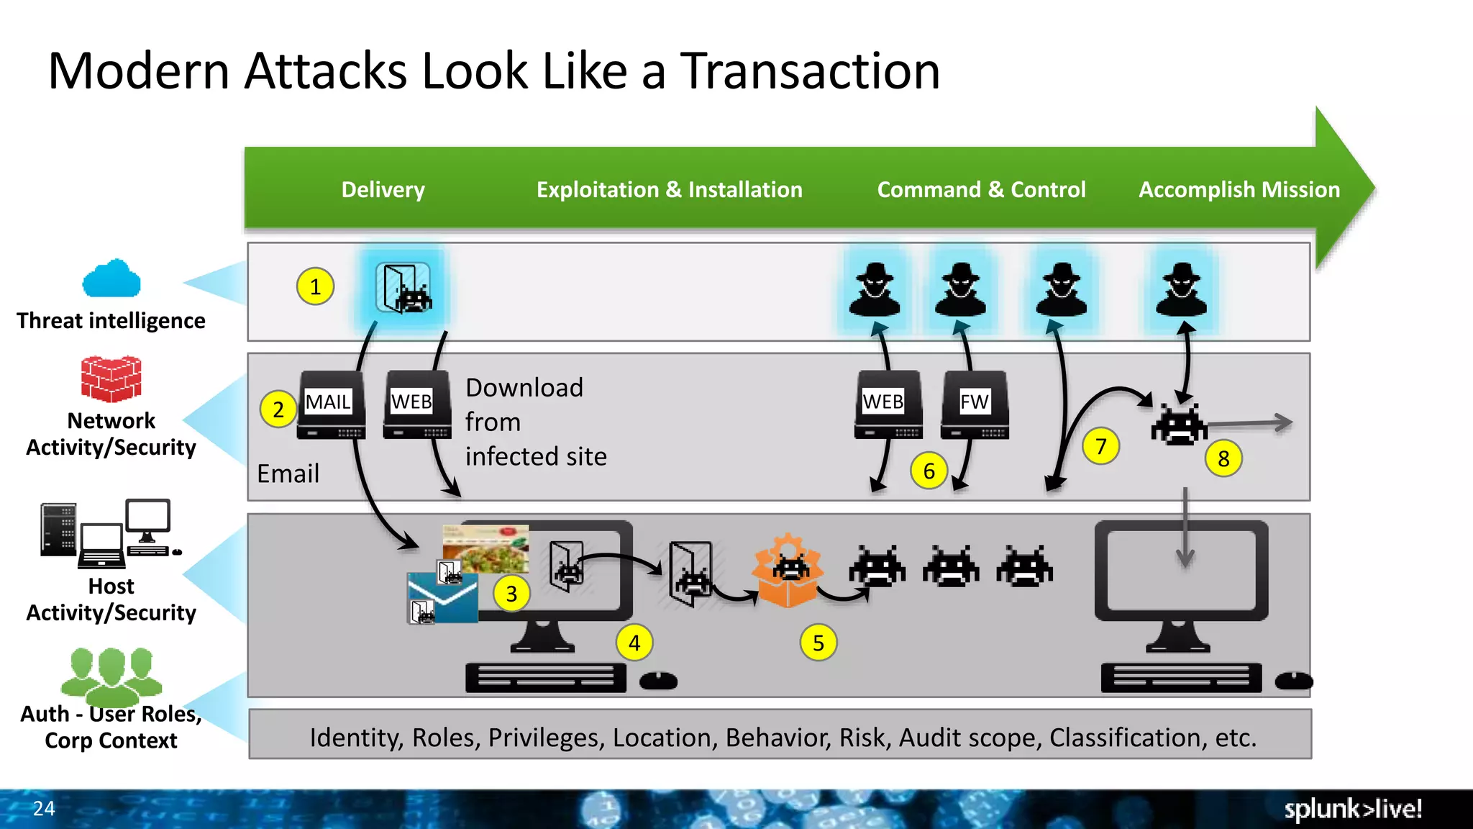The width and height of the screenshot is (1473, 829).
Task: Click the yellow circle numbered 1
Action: pyautogui.click(x=315, y=286)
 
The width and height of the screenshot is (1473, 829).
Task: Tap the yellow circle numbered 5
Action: pyautogui.click(x=818, y=643)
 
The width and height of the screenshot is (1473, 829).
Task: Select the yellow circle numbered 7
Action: pyautogui.click(x=1100, y=446)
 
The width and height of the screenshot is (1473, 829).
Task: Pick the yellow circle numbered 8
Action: pyautogui.click(x=1223, y=458)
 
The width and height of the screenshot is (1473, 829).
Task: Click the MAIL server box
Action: pyautogui.click(x=331, y=404)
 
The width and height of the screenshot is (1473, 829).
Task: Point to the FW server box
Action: pyautogui.click(x=975, y=404)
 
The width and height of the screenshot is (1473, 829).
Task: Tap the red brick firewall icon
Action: pyautogui.click(x=111, y=379)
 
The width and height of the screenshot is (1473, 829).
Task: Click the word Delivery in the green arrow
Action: pyautogui.click(x=383, y=190)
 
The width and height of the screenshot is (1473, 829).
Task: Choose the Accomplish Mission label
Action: pyautogui.click(x=1239, y=190)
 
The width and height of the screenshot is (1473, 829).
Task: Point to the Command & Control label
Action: pyautogui.click(x=981, y=190)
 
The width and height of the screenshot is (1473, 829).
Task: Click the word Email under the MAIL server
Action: pyautogui.click(x=288, y=474)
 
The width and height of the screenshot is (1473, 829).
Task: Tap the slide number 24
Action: pyautogui.click(x=44, y=808)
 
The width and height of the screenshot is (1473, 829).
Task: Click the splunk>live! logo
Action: pyautogui.click(x=1353, y=809)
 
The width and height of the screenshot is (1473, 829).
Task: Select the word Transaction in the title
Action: pyautogui.click(x=810, y=71)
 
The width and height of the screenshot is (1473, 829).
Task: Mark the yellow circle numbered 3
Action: pyautogui.click(x=511, y=594)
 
